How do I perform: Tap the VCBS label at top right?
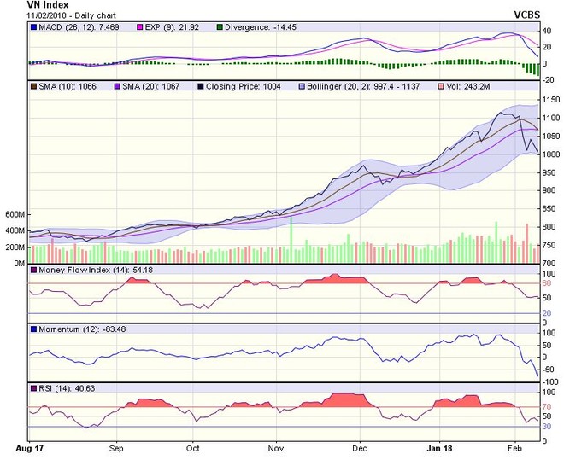[531, 15]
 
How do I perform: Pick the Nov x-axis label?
[275, 446]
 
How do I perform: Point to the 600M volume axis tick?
[14, 214]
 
